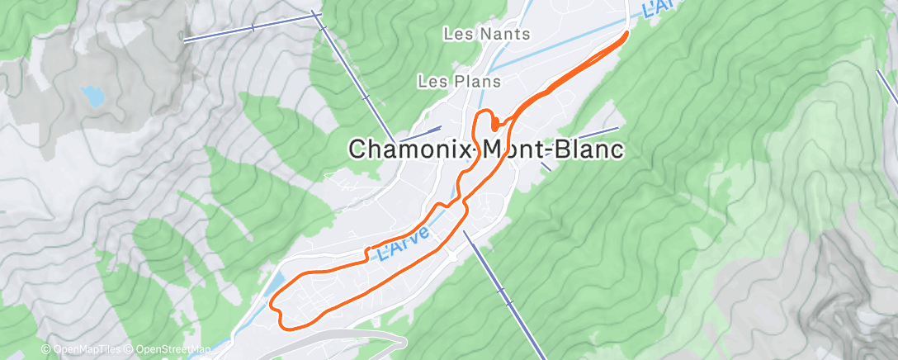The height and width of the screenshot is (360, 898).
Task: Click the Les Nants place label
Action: pos(486,35)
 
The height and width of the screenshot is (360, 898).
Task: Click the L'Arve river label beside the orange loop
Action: pos(404,244)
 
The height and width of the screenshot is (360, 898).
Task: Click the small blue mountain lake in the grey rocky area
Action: pos(93,97)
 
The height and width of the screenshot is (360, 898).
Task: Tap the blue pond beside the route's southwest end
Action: pos(276,286)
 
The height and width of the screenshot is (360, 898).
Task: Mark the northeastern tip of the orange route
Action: pos(627,33)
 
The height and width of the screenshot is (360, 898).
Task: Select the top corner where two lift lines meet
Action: pos(315,14)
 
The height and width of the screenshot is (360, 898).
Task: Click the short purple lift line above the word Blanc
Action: pos(597,134)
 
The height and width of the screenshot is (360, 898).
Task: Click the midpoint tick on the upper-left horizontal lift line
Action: pos(253,26)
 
